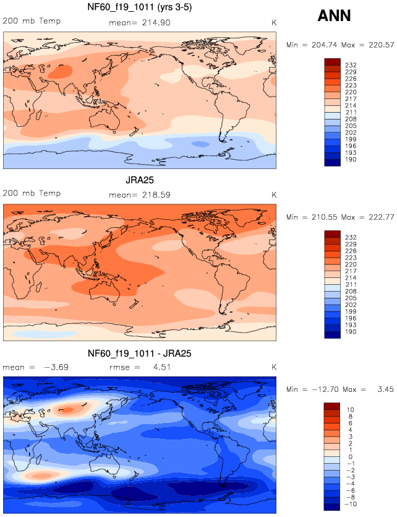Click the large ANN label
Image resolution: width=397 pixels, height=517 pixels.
coord(334,16)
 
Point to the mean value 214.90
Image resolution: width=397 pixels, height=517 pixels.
coord(155,22)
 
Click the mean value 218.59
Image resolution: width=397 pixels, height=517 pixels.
coord(155,194)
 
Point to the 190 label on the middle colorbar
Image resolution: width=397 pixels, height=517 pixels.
coord(349,332)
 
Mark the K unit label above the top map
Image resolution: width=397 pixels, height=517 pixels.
coord(273,22)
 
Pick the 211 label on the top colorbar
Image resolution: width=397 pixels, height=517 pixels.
coord(349,113)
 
